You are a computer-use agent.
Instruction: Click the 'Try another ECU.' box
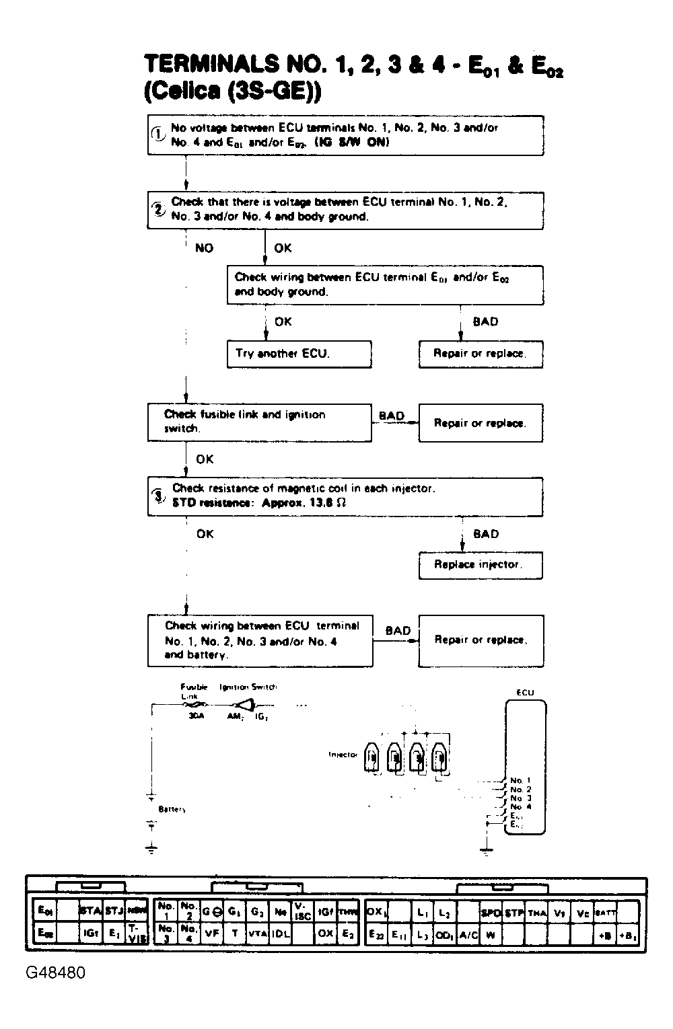click(299, 354)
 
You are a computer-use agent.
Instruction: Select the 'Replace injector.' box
click(480, 565)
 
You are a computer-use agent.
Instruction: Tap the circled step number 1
click(157, 134)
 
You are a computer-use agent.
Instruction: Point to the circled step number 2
click(159, 208)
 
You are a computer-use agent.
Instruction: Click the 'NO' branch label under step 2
click(204, 248)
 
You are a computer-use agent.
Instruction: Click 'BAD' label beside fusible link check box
click(392, 416)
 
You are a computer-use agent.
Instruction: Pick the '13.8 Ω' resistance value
click(328, 503)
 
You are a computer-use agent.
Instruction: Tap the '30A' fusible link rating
click(196, 717)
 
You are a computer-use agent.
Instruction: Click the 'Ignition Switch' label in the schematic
click(248, 687)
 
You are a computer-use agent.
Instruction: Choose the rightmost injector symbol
click(440, 758)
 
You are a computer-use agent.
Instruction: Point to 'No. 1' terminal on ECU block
click(521, 781)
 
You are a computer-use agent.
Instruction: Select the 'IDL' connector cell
click(281, 933)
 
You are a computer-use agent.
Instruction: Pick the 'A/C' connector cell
click(468, 935)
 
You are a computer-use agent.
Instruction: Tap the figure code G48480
click(57, 973)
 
